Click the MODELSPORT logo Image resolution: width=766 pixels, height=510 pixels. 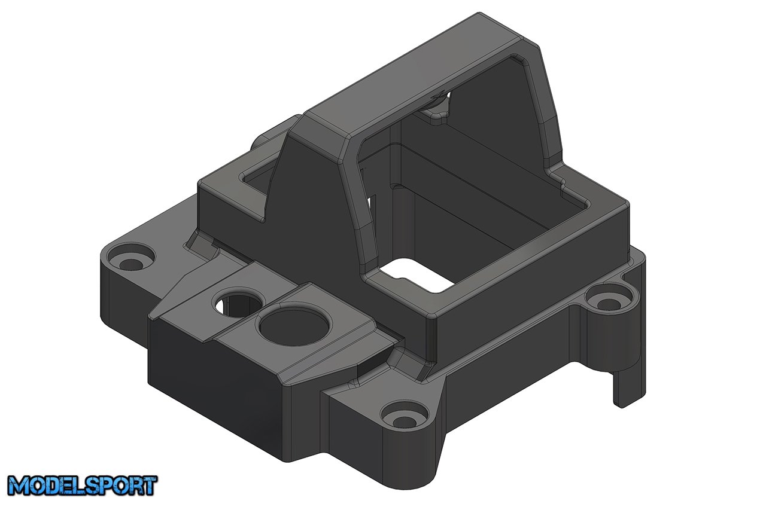click(x=83, y=485)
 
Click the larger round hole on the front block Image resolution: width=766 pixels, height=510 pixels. click(x=295, y=326)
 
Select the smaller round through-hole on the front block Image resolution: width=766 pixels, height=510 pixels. click(x=238, y=301)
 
